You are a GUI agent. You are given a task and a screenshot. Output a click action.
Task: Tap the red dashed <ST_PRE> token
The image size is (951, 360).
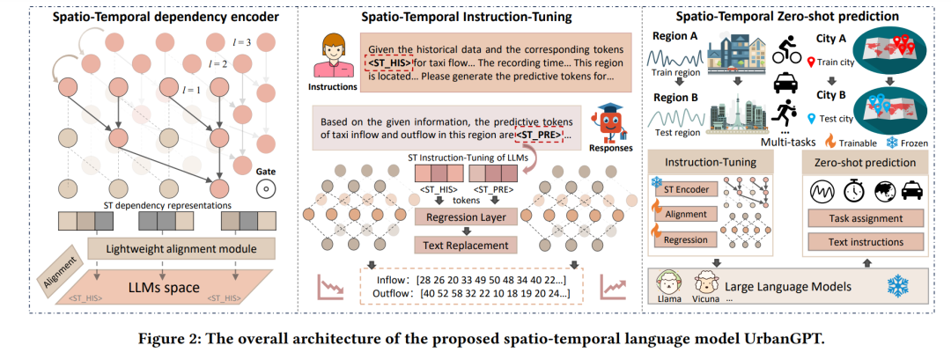537,136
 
